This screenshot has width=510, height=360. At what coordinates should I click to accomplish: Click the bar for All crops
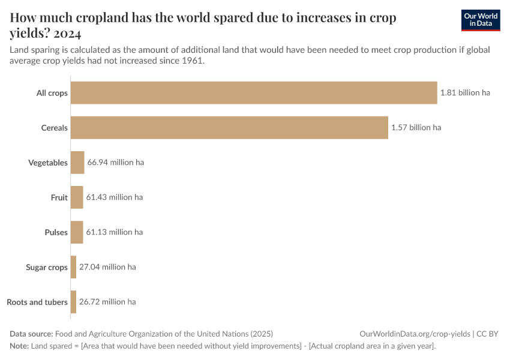254,93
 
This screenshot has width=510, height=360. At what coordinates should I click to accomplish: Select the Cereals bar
229,128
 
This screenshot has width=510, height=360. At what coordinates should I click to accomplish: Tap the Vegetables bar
77,163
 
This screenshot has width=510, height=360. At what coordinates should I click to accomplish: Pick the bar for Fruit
77,197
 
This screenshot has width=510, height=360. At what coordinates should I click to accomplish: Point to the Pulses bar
77,232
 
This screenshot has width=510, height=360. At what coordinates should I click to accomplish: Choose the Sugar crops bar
73,267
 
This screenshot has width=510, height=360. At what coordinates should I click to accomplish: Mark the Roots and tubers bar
73,302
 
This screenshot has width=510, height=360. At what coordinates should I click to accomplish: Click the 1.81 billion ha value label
465,93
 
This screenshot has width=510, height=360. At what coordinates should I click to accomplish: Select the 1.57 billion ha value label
416,128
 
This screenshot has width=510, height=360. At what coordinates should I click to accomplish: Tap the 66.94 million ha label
115,163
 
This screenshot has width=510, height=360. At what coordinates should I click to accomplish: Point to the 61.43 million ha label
114,197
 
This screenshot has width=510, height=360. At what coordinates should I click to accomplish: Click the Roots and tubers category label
37,302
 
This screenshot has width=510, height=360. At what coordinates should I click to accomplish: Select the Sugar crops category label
47,268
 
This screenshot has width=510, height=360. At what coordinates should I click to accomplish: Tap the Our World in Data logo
481,20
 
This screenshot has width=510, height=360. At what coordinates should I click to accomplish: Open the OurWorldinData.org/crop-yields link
414,334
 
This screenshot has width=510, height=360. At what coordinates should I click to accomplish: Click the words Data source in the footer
31,334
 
